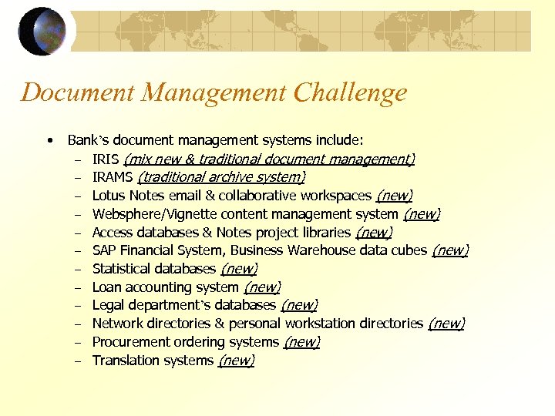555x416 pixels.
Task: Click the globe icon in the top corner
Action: tap(42, 32)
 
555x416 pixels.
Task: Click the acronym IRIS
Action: tap(106, 159)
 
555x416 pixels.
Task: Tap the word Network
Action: tap(118, 324)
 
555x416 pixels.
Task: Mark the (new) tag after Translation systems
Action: tap(237, 361)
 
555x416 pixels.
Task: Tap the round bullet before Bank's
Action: tap(49, 140)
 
